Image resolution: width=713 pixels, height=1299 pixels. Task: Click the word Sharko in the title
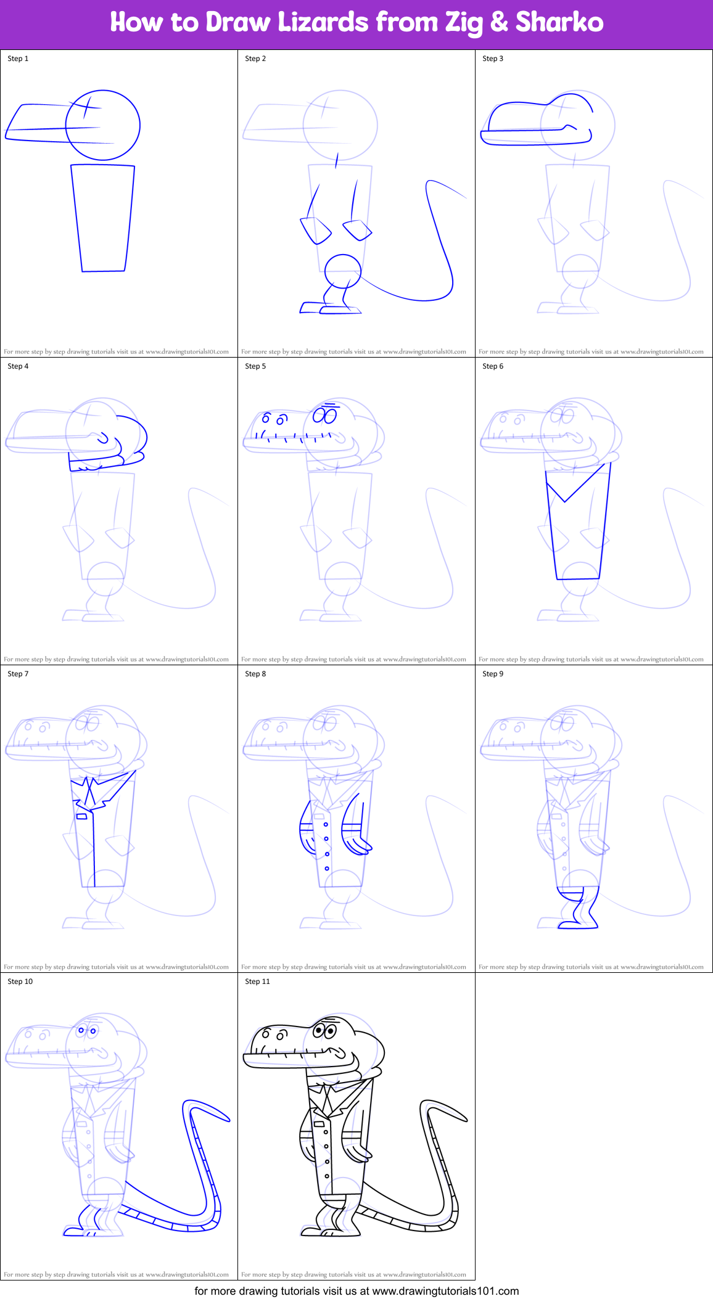pyautogui.click(x=559, y=22)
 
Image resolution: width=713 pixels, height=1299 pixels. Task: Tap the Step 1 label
pyautogui.click(x=18, y=59)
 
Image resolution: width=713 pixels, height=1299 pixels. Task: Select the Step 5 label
pyautogui.click(x=255, y=366)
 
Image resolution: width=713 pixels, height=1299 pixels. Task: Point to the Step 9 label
pyautogui.click(x=493, y=674)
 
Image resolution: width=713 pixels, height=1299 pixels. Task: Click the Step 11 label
pyautogui.click(x=257, y=981)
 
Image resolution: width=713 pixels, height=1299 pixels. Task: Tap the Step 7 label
pyautogui.click(x=18, y=674)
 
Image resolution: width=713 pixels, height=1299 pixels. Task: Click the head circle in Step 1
pyautogui.click(x=103, y=125)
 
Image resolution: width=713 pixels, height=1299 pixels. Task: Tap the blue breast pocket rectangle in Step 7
pyautogui.click(x=81, y=817)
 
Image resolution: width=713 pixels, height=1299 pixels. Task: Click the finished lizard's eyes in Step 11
pyautogui.click(x=324, y=1030)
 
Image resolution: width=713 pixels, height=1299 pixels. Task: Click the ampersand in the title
pyautogui.click(x=498, y=22)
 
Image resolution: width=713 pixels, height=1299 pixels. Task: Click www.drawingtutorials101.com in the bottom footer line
pyautogui.click(x=445, y=1291)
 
